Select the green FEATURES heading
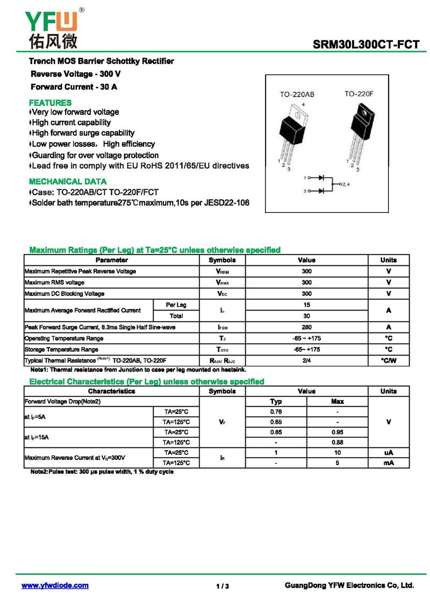[x=50, y=103]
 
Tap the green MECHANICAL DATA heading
[x=68, y=182]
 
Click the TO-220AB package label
[x=296, y=95]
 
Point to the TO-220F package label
[x=359, y=94]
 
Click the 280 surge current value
[x=306, y=327]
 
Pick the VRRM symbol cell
[x=222, y=271]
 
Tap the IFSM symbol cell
[x=222, y=327]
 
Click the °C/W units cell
[x=388, y=360]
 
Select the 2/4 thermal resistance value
[x=306, y=360]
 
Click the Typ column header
[x=276, y=401]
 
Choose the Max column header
[x=338, y=401]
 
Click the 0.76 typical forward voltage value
[x=276, y=411]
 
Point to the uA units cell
[x=388, y=453]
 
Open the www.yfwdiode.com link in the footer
[x=55, y=586]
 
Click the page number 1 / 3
[x=223, y=586]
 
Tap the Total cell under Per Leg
[x=176, y=316]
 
